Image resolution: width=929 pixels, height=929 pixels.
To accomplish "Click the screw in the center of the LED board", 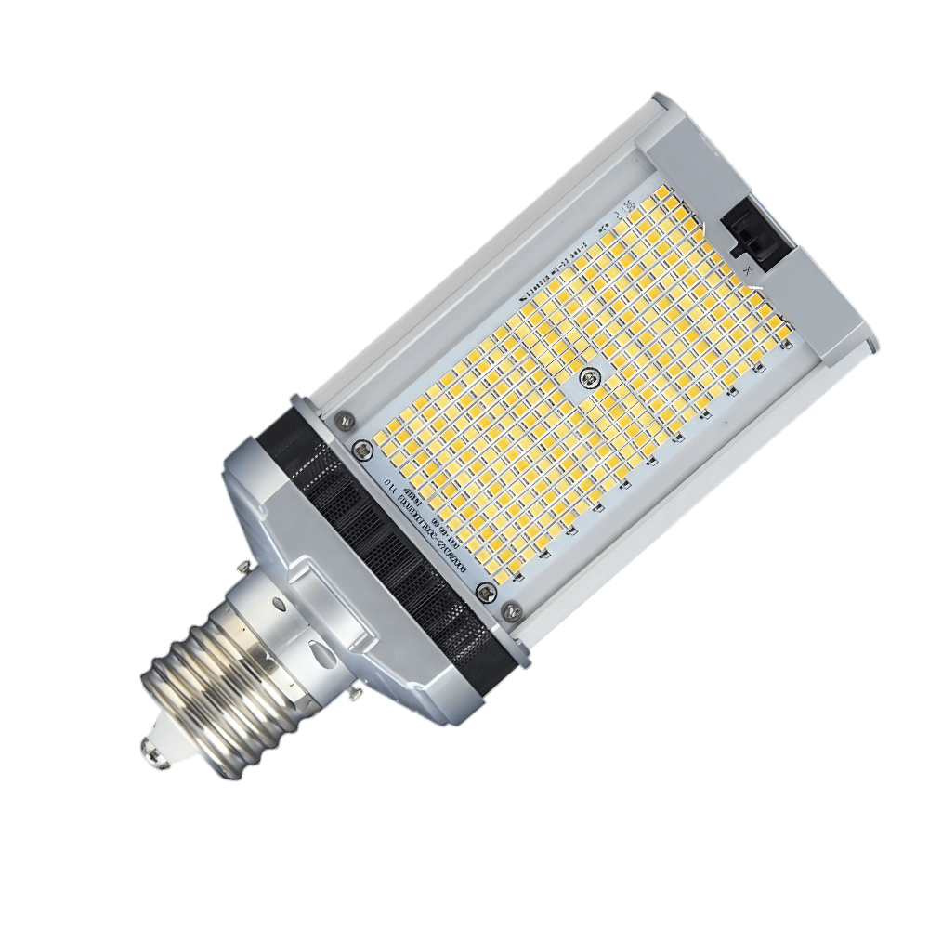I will (587, 376).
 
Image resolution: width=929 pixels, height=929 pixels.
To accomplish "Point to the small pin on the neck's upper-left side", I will (243, 567).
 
